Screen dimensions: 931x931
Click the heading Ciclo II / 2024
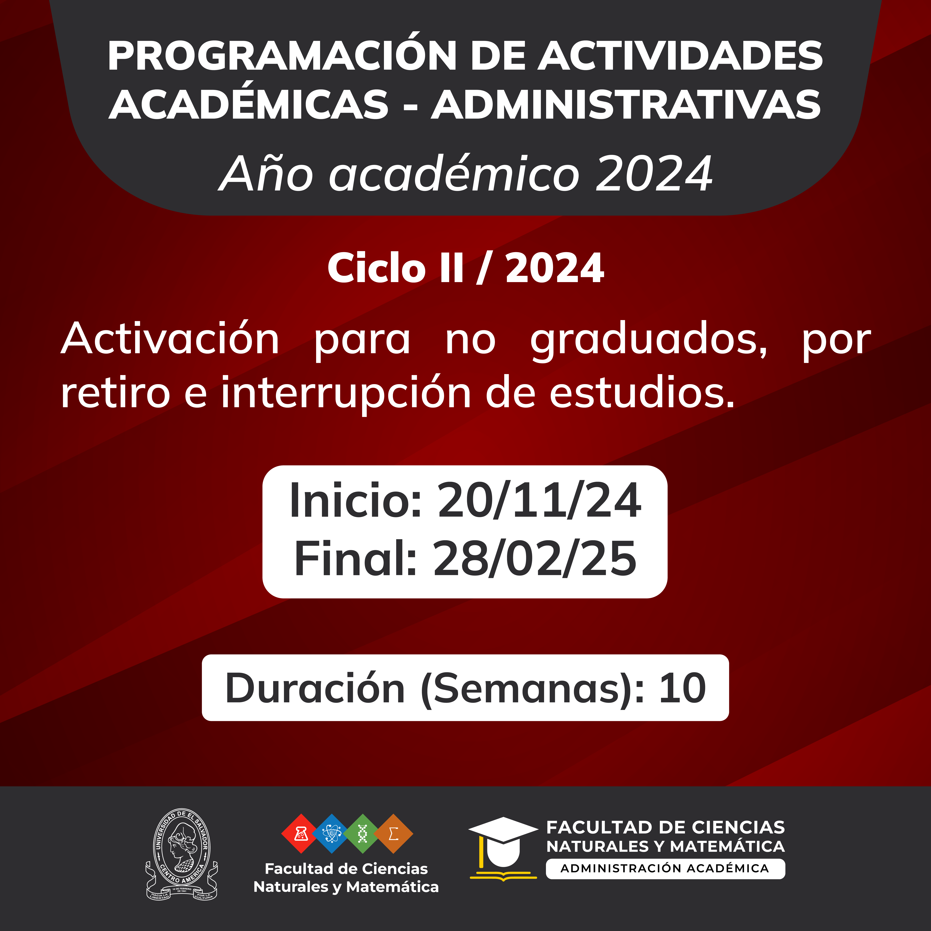[x=465, y=269]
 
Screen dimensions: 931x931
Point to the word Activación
[x=170, y=339]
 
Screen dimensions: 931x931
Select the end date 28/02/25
[x=535, y=558]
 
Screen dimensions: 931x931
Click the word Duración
[x=315, y=688]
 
